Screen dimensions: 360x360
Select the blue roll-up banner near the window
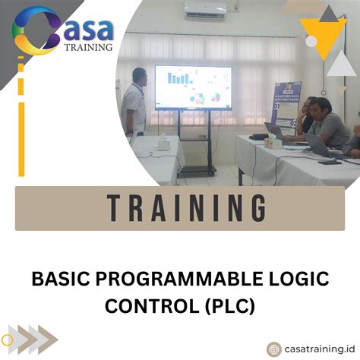click(x=287, y=106)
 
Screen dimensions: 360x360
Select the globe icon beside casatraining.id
click(x=273, y=349)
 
